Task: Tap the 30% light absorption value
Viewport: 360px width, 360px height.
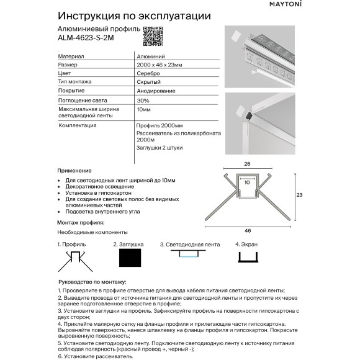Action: click(x=143, y=100)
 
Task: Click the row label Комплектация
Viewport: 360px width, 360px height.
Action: click(x=77, y=125)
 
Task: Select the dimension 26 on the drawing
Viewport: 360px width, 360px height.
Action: click(x=247, y=164)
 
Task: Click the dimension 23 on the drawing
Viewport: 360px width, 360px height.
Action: click(x=299, y=195)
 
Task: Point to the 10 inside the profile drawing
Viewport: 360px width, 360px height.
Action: click(x=247, y=183)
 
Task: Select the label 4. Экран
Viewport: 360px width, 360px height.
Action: click(x=246, y=245)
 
